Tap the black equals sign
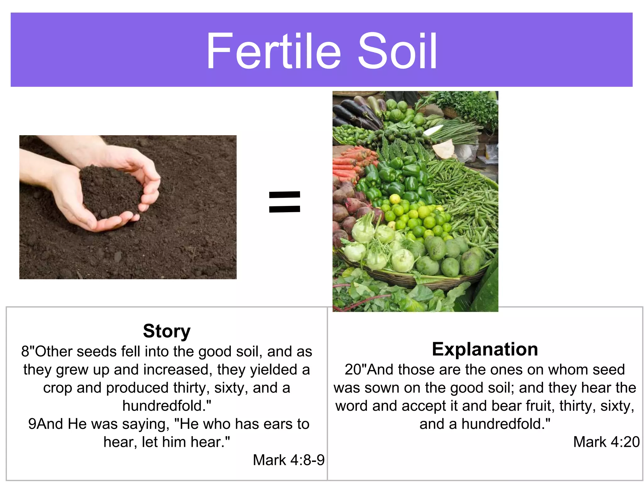tap(285, 202)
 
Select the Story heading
tap(167, 331)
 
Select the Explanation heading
tap(485, 349)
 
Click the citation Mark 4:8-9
tap(289, 460)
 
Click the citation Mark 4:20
tap(606, 442)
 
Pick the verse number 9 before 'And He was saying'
tap(32, 424)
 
